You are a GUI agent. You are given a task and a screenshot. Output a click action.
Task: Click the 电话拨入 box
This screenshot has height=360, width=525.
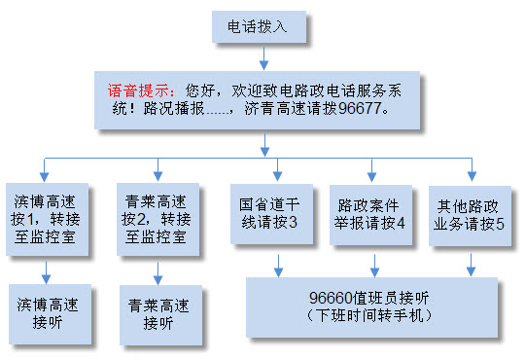coord(259,27)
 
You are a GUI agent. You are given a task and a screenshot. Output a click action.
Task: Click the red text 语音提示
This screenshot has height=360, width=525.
coord(137,90)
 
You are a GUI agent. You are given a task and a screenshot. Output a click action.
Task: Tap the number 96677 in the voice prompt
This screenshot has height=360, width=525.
coord(360,108)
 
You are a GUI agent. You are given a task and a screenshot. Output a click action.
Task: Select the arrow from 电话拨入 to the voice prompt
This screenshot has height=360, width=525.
coord(263,58)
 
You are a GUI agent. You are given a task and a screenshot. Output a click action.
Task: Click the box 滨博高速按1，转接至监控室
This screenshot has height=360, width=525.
coord(48,220)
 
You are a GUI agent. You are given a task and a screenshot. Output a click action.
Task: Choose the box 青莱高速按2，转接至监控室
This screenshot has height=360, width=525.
coord(157,220)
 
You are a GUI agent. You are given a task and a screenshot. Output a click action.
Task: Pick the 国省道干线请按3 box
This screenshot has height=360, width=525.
coord(271,214)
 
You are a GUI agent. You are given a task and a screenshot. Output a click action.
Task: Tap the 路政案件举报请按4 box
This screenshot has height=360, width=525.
coord(370,215)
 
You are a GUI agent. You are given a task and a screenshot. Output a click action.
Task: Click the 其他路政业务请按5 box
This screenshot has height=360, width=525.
coord(470,216)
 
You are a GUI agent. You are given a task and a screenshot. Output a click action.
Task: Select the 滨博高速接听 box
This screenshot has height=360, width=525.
coord(50,314)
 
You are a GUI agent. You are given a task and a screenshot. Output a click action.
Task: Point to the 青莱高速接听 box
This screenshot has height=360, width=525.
coord(160,315)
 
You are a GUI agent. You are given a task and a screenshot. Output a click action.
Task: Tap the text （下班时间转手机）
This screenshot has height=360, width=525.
coord(368,315)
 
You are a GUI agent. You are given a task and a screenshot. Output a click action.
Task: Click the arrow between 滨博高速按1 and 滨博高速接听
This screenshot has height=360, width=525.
coord(47,272)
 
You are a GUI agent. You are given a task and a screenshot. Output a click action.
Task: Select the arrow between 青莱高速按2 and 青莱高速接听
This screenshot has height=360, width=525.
coord(157,273)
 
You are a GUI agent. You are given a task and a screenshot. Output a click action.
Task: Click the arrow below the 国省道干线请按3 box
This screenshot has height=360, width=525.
coord(278,266)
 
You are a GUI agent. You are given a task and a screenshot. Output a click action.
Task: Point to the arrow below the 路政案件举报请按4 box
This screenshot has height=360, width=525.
coord(374,266)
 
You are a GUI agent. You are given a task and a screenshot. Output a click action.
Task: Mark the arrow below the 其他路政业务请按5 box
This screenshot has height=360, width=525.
coord(472,265)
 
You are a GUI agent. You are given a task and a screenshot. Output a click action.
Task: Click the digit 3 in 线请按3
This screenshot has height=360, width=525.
coord(293,222)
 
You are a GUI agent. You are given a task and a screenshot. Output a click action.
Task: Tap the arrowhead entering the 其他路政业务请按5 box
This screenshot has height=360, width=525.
coord(472,176)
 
